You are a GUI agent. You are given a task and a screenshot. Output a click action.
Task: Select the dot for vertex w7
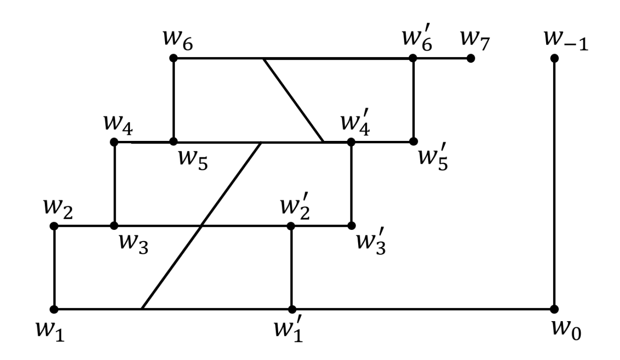pos(471,58)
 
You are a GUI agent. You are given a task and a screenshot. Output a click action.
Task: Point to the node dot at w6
pos(173,58)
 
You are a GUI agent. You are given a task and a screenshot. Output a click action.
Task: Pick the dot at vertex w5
pos(173,141)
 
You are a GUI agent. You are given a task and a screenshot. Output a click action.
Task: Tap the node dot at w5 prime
pos(413,141)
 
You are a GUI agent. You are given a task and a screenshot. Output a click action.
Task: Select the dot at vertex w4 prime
pos(351,141)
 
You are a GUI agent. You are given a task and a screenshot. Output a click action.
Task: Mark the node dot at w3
pos(114,226)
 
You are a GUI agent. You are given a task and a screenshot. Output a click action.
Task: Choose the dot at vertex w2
pos(54,226)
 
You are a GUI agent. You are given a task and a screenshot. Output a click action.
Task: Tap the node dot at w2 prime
pos(291,226)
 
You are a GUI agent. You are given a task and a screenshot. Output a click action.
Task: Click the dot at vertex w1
pos(54,309)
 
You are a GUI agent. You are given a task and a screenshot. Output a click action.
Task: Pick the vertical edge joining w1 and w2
pos(54,268)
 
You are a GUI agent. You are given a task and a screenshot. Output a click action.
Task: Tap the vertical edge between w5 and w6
pos(173,99)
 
